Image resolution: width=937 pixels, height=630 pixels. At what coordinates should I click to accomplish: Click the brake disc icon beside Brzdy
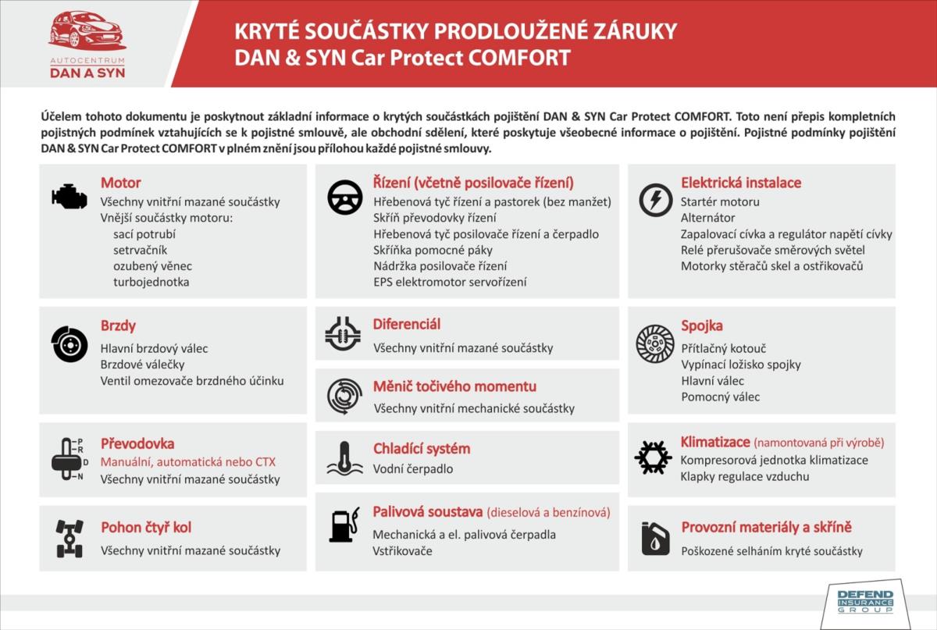[69, 344]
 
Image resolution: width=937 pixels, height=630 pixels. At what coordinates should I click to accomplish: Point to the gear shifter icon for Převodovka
[68, 461]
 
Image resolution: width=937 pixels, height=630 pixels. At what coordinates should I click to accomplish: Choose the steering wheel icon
[344, 198]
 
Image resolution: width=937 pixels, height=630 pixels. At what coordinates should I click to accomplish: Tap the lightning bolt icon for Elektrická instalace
[654, 199]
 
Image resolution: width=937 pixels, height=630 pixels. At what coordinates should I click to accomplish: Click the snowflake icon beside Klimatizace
[653, 457]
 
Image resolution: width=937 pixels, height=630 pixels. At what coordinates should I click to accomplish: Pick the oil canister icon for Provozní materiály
[654, 539]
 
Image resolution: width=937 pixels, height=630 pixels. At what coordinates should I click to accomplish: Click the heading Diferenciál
[407, 324]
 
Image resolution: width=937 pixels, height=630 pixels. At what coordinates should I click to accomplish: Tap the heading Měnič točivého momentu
[454, 386]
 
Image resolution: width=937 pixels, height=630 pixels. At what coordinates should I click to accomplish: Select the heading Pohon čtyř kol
[146, 528]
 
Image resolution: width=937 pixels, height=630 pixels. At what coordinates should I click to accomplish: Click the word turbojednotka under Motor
[151, 282]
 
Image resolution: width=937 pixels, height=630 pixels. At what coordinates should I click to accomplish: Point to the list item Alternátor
[707, 218]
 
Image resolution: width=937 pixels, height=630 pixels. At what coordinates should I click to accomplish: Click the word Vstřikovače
[402, 551]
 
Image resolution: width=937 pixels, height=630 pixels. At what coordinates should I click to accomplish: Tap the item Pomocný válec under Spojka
[720, 397]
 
